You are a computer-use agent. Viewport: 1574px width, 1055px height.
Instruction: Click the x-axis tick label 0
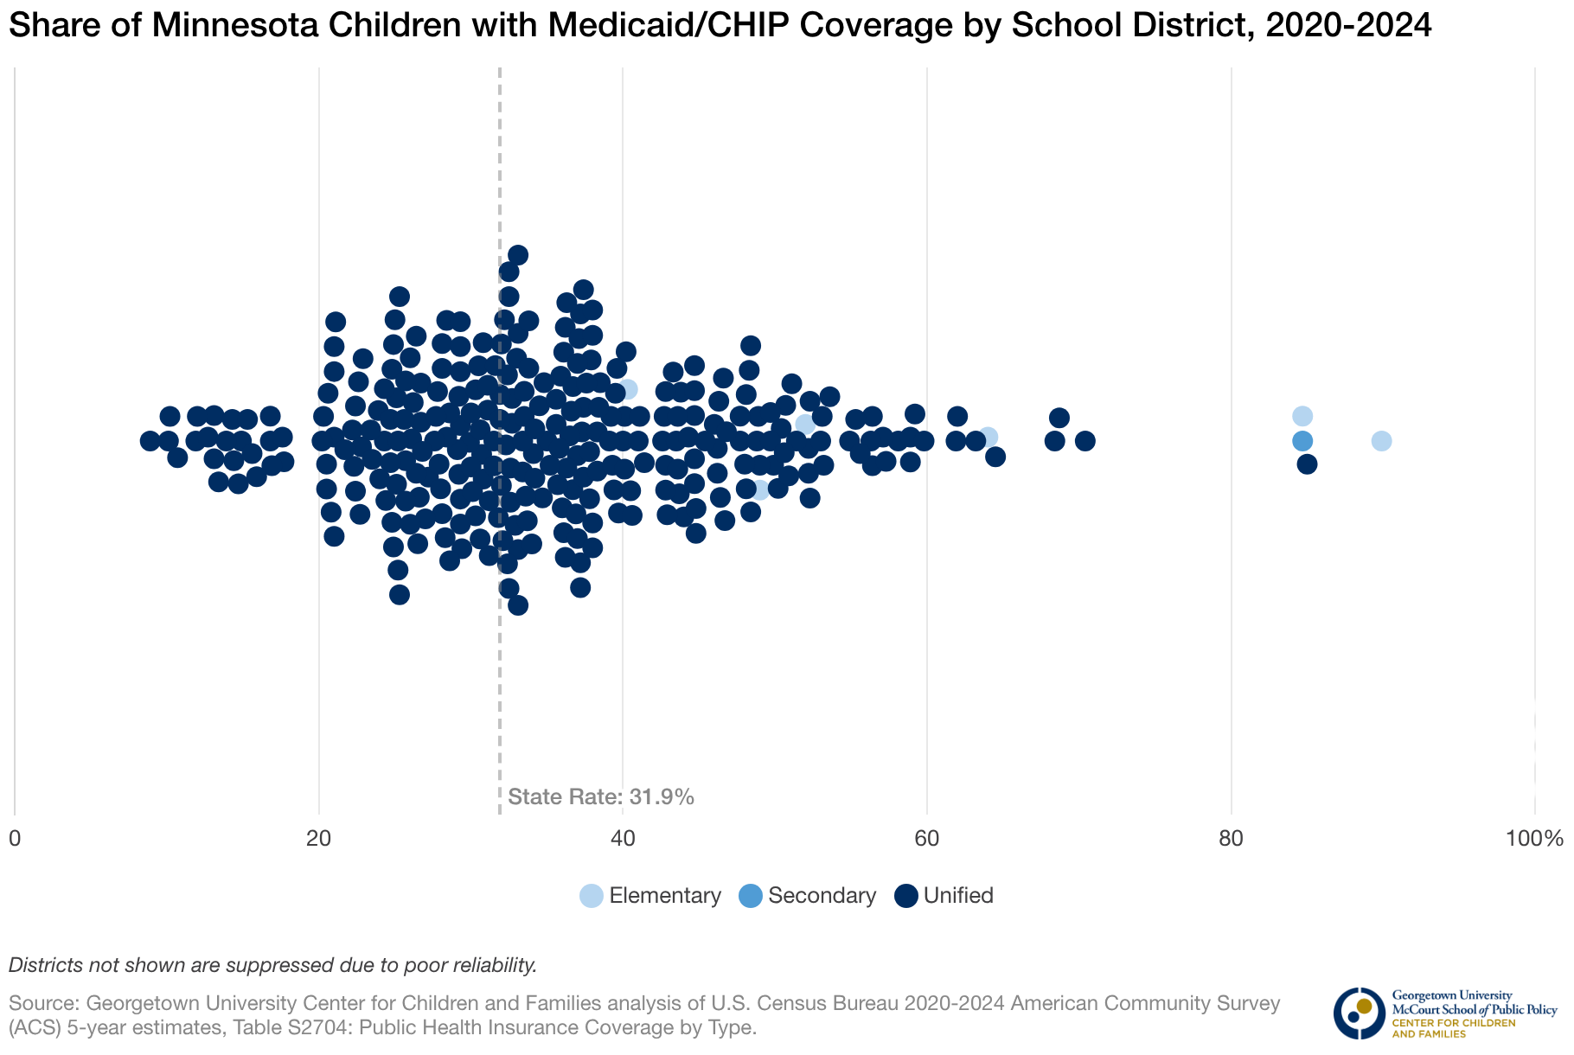point(15,839)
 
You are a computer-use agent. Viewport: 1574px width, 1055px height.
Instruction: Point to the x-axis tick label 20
point(319,839)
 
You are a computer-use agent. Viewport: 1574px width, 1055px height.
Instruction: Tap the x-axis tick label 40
point(623,839)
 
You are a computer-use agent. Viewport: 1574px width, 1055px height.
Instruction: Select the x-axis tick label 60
point(927,839)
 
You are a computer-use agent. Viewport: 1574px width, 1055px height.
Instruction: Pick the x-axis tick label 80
point(1231,839)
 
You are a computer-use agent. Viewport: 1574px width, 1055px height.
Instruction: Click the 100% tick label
point(1534,839)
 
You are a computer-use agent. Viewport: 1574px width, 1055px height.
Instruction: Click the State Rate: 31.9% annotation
point(601,796)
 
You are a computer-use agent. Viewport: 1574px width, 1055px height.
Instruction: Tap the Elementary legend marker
point(592,896)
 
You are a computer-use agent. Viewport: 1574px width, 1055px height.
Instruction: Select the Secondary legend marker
point(751,896)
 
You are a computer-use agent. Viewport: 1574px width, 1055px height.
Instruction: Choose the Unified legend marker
point(905,896)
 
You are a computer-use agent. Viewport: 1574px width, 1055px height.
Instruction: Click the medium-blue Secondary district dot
point(1302,441)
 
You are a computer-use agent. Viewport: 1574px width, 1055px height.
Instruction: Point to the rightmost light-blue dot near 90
point(1381,441)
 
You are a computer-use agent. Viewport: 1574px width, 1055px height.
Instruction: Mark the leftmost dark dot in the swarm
point(150,441)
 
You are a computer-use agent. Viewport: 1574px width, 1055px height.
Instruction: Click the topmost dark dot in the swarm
point(518,254)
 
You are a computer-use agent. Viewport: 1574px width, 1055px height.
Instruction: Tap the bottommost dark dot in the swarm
point(518,605)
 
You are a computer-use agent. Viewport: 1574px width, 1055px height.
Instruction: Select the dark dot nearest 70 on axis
point(1085,441)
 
